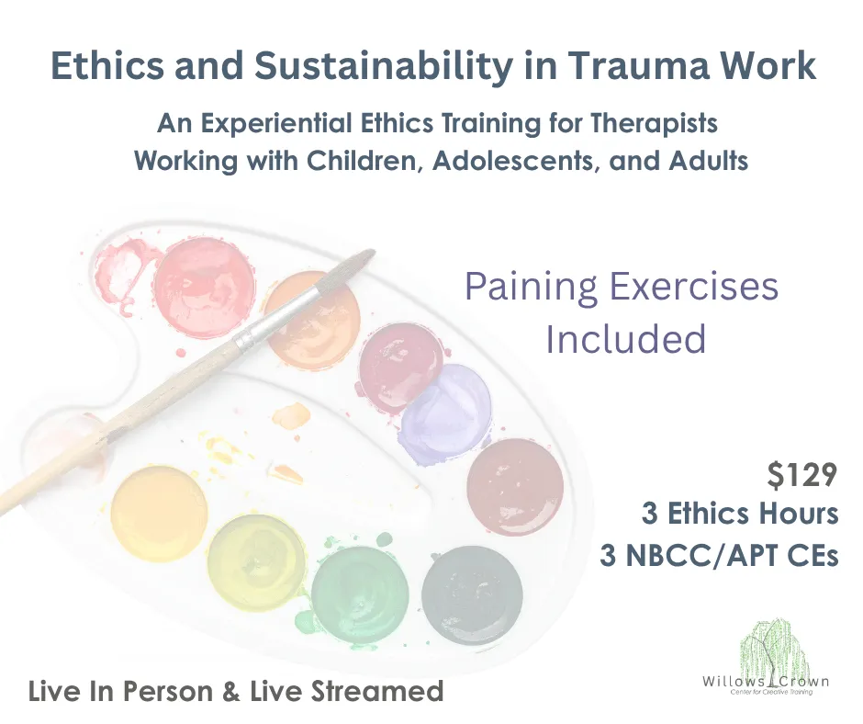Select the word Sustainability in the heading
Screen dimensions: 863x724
383,67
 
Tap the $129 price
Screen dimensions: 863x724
801,475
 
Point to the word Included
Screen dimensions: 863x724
626,338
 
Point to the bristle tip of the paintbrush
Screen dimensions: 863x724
370,254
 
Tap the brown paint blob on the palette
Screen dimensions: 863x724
515,487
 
